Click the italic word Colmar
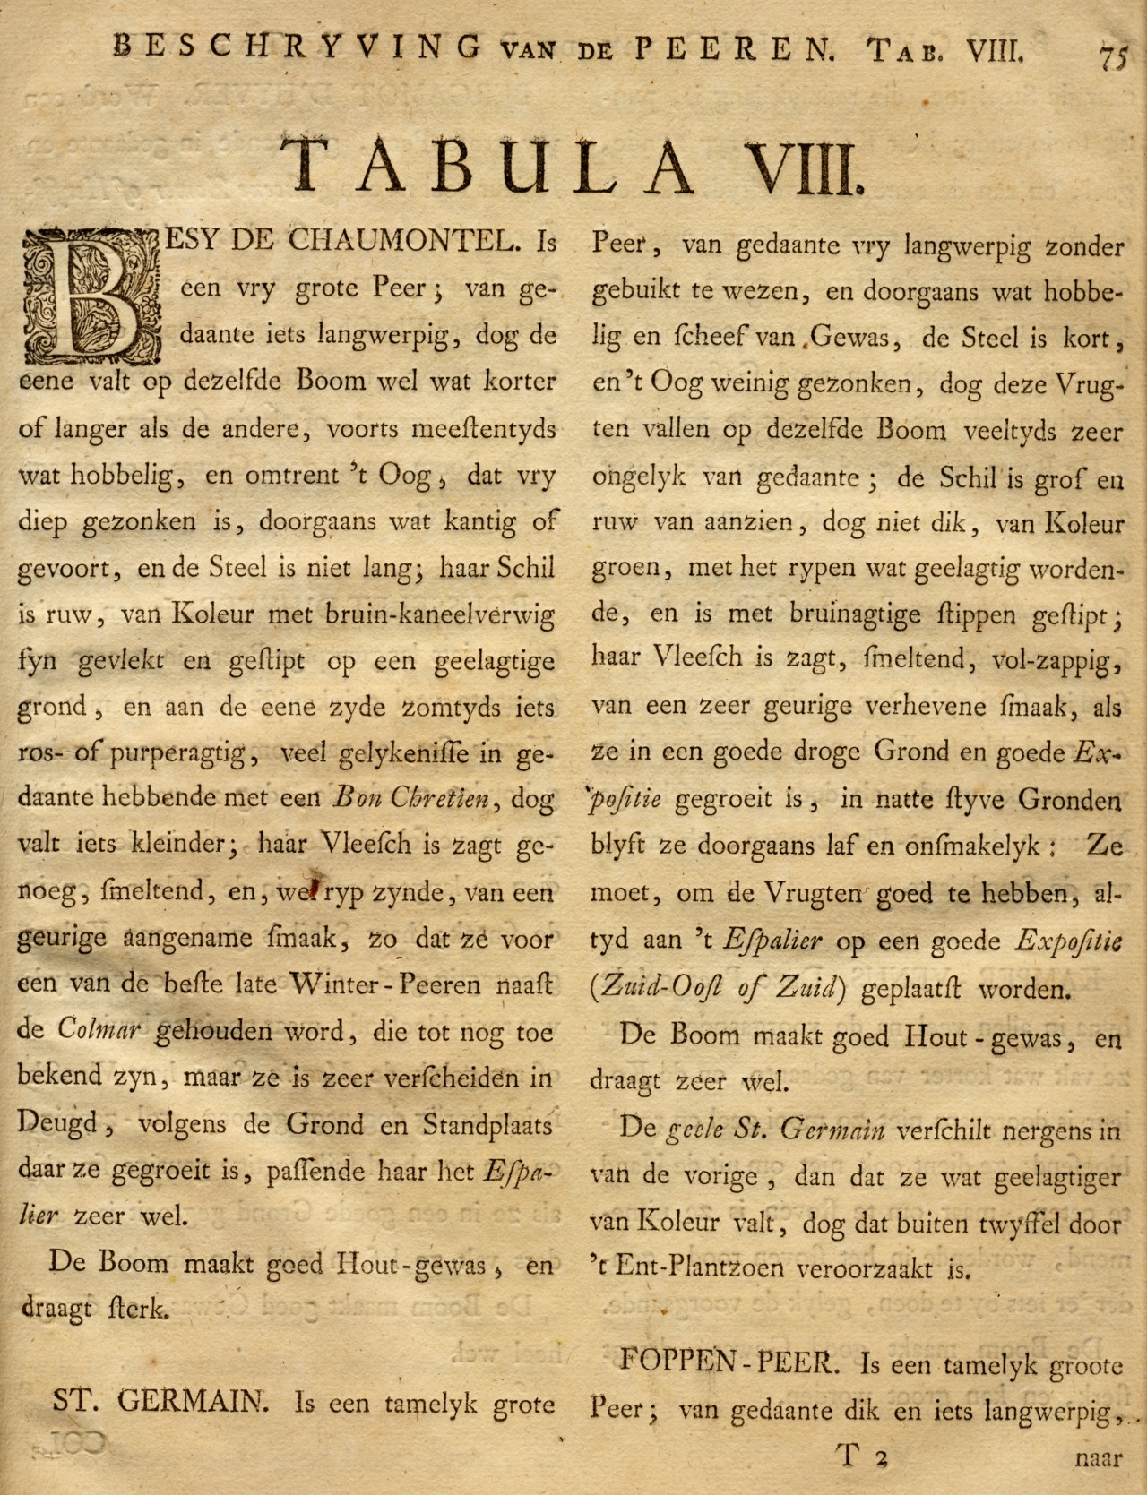[99, 1030]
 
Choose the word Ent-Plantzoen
[691, 1268]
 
